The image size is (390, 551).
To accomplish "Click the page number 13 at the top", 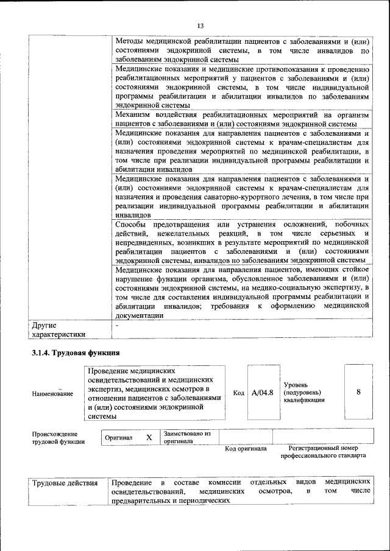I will click(200, 25).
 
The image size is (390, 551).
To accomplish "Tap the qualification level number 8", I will click(358, 392).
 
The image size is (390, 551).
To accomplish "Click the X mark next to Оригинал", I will click(149, 437).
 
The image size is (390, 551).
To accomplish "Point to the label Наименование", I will click(52, 394).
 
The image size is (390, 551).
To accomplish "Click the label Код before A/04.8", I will click(239, 393).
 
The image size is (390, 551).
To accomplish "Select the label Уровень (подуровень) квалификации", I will click(304, 393).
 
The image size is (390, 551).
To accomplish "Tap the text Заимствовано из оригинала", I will click(186, 437).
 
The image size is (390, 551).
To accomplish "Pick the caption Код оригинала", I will click(246, 449).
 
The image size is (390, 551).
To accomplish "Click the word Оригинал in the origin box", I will click(119, 437).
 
